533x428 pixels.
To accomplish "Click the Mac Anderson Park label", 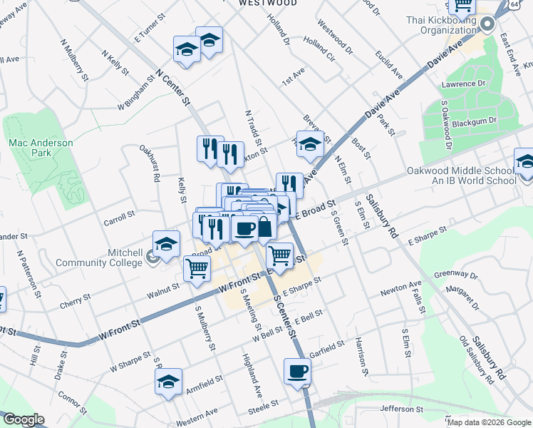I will tap(41, 148).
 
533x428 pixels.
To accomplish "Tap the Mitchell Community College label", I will tap(106, 258).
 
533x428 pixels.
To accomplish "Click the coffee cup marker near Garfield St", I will tap(297, 371).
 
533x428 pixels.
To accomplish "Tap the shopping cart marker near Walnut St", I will tap(196, 270).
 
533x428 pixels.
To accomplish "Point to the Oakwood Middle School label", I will tap(461, 175).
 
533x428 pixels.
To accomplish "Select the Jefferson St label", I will tap(407, 409).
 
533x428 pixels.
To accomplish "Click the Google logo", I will tap(24, 419).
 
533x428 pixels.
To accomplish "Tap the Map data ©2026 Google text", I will tap(489, 422).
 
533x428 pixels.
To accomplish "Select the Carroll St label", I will tap(119, 215).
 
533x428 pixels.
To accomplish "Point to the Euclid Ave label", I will tap(390, 65).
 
